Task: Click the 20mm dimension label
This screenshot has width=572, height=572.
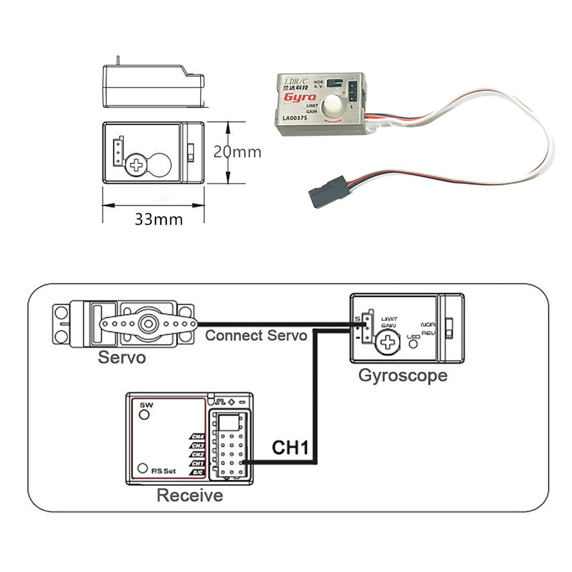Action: pos(238,152)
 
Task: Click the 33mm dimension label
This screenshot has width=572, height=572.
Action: pos(158,219)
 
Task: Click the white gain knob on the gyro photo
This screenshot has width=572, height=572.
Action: pos(331,107)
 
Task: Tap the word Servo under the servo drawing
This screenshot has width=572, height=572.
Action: pos(122,358)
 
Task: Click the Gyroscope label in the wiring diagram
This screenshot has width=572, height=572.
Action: pos(402,376)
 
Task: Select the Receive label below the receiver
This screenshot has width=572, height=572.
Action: pos(189,495)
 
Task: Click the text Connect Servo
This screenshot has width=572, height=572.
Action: pos(256,335)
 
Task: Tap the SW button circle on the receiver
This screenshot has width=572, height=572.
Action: pos(144,414)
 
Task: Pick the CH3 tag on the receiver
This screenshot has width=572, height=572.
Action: pos(197,445)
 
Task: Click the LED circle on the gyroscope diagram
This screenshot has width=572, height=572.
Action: pos(412,344)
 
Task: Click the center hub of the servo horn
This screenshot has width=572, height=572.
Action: pos(146,324)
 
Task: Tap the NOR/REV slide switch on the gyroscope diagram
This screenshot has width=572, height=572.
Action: pos(450,326)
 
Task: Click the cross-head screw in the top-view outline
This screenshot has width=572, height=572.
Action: pos(138,164)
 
